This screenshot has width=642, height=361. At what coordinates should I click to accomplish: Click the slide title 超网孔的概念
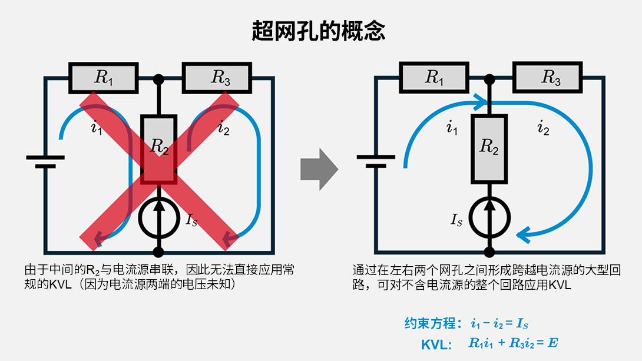tap(319, 31)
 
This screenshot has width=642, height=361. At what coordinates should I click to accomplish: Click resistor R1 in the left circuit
tap(103, 78)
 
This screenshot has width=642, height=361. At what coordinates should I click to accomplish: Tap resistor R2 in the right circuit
tap(489, 148)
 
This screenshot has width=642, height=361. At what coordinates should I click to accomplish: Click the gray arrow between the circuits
tap(319, 170)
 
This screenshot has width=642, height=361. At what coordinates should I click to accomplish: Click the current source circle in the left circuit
tap(158, 218)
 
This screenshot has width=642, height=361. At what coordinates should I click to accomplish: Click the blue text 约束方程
tap(430, 323)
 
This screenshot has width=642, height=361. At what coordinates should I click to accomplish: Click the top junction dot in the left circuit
tap(158, 78)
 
